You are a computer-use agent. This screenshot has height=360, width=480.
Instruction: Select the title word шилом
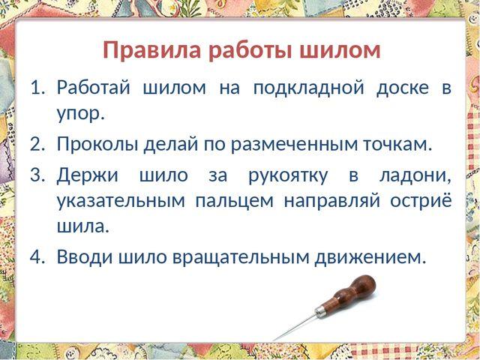tap(340, 50)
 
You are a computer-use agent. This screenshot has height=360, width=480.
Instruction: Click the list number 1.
tap(37, 88)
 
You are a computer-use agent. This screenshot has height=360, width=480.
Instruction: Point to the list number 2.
tap(37, 144)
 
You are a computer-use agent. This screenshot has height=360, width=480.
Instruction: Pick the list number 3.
tap(37, 175)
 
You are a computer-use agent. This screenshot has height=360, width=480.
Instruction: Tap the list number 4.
tap(37, 256)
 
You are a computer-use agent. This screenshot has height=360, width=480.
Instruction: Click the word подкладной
tap(309, 88)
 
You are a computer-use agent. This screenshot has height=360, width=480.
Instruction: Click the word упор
tap(81, 115)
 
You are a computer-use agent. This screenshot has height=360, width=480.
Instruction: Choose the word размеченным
tap(294, 145)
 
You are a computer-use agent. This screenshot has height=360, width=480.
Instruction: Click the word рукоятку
tap(288, 177)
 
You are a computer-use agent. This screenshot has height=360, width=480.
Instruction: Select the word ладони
tap(415, 177)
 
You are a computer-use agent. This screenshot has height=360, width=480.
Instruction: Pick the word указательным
tap(121, 202)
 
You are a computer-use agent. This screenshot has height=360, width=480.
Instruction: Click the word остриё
tap(421, 200)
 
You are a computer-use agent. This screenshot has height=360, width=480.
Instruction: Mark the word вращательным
tap(241, 257)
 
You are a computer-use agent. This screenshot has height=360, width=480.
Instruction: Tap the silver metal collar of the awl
tap(320, 311)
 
